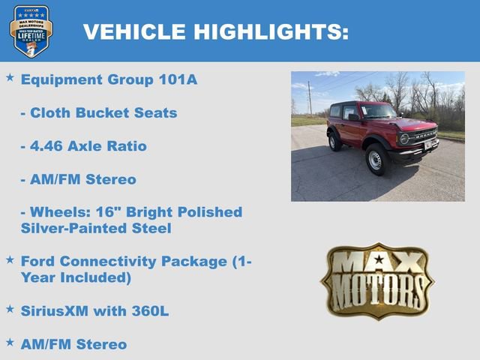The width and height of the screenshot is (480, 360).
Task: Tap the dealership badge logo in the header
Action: (x=31, y=31)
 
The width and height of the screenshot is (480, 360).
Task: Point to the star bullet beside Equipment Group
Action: (x=10, y=77)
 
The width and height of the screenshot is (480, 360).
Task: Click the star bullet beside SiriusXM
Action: (x=10, y=308)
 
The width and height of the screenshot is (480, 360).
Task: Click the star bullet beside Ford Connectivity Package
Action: (x=10, y=259)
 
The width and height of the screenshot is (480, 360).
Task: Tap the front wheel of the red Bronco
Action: (x=376, y=160)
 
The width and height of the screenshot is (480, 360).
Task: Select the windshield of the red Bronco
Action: (x=378, y=111)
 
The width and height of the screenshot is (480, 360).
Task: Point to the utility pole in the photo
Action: (x=309, y=97)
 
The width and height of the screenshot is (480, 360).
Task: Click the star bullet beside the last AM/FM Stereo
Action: (x=10, y=342)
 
